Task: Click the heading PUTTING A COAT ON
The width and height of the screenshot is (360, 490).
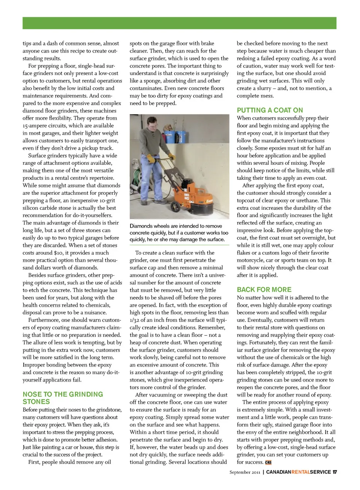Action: click(270, 110)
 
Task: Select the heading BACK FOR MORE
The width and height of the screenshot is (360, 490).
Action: click(264, 290)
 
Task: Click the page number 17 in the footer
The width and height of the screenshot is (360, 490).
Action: click(334, 472)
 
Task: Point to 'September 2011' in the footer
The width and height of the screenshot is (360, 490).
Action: click(244, 472)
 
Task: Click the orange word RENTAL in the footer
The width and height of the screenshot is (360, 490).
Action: click(301, 472)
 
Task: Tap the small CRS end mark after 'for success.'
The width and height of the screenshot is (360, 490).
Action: click(268, 463)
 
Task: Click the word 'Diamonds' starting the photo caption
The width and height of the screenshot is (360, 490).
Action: click(141, 226)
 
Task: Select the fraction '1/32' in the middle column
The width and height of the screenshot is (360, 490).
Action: click(135, 320)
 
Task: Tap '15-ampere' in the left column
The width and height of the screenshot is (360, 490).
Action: click(37, 125)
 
